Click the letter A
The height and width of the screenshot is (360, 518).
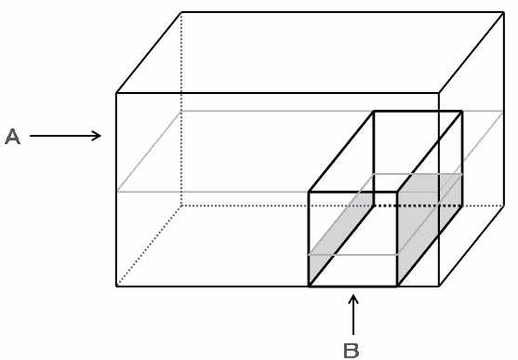pos(12,137)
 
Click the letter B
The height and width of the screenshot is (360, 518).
pos(352,351)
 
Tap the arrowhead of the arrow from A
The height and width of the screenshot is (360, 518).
pos(98,136)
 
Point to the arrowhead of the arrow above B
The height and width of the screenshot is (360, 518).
pos(353,299)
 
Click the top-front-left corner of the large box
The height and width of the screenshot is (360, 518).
pos(116,93)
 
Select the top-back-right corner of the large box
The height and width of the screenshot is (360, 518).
pos(503,13)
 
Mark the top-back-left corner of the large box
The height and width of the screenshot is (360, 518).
pos(181,13)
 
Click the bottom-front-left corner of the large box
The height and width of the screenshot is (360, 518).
pos(116,286)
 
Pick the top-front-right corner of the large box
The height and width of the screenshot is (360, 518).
pos(439,93)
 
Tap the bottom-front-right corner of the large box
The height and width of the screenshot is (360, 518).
pos(439,286)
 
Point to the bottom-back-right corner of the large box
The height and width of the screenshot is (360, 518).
pos(503,206)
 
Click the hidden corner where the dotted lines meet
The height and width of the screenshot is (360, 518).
pos(181,206)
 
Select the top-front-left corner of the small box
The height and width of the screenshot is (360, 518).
pos(309,192)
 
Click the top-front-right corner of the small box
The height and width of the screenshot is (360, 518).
pos(397,192)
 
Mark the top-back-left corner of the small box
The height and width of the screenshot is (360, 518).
pos(374,112)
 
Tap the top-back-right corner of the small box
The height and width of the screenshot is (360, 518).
pos(462,112)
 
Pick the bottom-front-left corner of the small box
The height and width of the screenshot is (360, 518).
pos(309,286)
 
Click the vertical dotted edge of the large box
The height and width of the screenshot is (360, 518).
pos(181,109)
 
